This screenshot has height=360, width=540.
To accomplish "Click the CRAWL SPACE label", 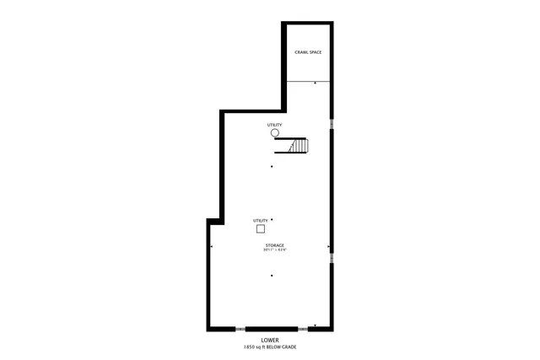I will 308,52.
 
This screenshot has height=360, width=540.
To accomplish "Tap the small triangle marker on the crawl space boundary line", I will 316,83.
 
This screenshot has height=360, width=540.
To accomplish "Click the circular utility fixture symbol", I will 275,133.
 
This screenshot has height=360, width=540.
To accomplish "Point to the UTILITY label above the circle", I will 275,125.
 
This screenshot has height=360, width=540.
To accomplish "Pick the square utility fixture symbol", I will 261,228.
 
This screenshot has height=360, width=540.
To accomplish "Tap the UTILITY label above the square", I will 261,220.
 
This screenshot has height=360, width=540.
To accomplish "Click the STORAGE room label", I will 274,244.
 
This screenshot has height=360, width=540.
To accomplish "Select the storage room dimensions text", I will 274,250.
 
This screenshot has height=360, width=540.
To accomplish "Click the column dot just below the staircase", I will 272,166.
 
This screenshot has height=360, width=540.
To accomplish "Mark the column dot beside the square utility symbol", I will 272,220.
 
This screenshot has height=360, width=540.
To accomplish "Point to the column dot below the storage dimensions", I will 272,276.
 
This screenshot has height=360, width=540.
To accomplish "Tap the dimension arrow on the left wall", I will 211,247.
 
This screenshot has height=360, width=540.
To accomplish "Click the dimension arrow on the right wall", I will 328,247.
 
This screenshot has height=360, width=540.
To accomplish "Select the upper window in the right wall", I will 332,124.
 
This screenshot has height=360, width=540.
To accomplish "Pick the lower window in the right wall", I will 332,258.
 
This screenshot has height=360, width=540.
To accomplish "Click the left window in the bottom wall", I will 239,328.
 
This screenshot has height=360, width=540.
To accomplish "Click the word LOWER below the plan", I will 270,340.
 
